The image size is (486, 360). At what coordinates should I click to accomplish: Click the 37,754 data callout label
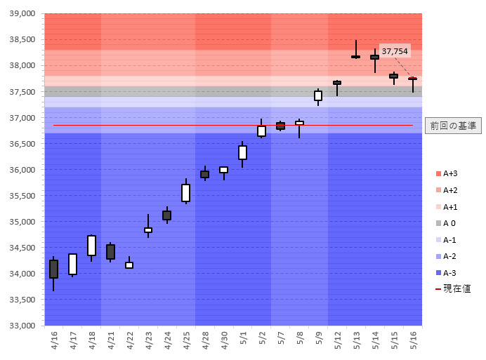pyautogui.click(x=395, y=51)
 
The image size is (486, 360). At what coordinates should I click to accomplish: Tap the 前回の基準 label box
pyautogui.click(x=452, y=126)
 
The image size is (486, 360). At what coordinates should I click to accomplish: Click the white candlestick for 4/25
pyautogui.click(x=186, y=193)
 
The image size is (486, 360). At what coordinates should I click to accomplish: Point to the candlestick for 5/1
pyautogui.click(x=242, y=152)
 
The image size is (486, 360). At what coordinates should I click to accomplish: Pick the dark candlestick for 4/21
pyautogui.click(x=111, y=252)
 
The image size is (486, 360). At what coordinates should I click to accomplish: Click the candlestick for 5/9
pyautogui.click(x=318, y=95)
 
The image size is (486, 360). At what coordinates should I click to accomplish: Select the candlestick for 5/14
pyautogui.click(x=375, y=58)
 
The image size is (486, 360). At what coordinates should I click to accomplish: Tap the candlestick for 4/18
pyautogui.click(x=92, y=245)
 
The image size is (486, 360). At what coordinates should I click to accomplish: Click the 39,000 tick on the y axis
pyautogui.click(x=23, y=13)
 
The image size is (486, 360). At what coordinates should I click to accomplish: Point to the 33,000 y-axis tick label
pyautogui.click(x=23, y=326)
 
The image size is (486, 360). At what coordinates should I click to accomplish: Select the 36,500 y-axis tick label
pyautogui.click(x=23, y=143)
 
